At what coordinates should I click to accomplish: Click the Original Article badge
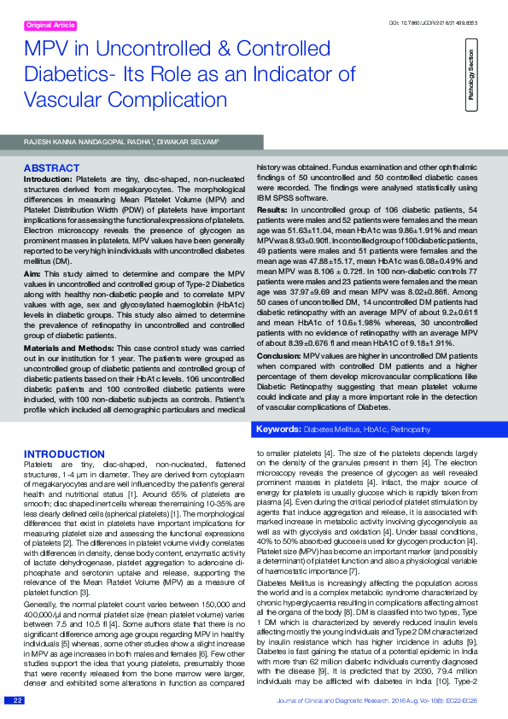coord(51,26)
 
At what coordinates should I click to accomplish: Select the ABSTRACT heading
coord(51,167)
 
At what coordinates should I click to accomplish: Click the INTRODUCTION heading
coord(64,453)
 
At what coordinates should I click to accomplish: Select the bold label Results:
coord(272,209)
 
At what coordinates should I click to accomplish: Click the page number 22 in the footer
coord(15,701)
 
